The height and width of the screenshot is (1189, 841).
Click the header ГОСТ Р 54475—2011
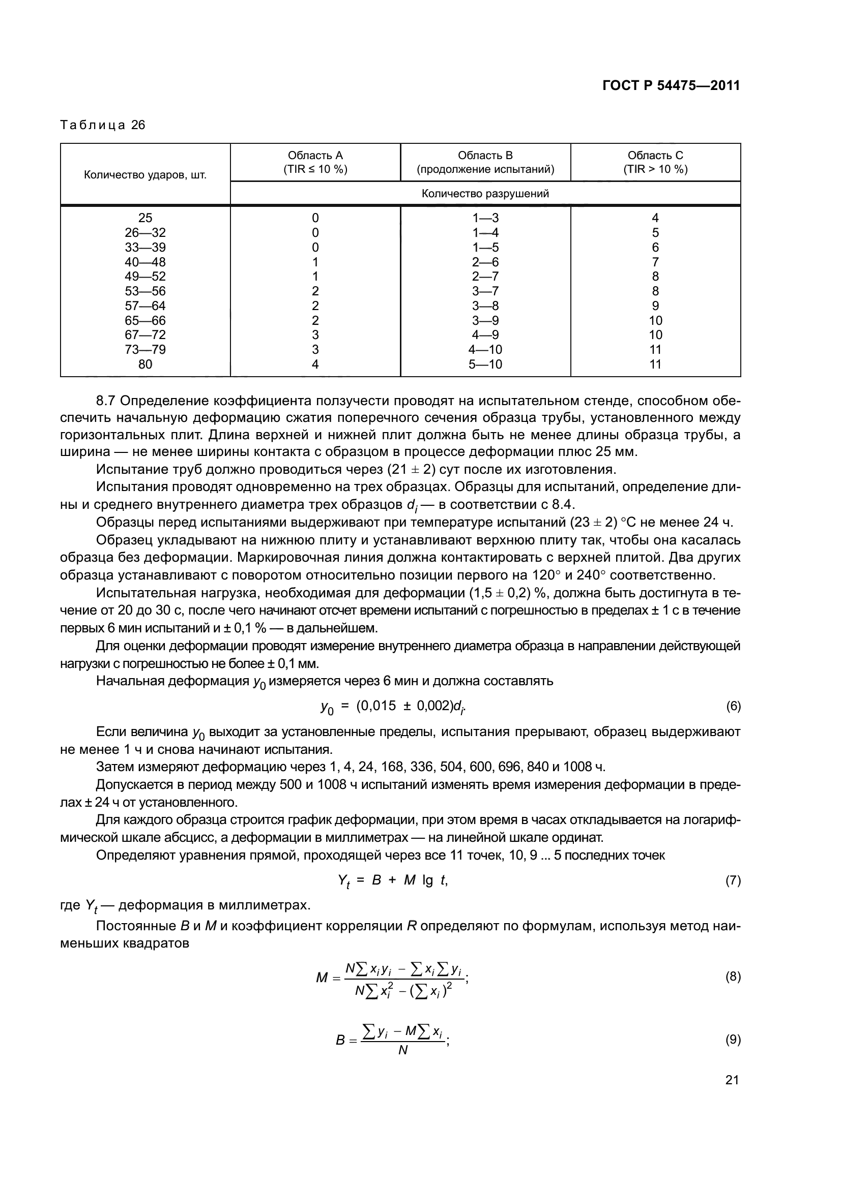[x=671, y=85]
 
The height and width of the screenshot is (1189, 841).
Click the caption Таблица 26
[x=103, y=125]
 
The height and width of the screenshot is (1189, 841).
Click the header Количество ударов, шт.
[x=145, y=175]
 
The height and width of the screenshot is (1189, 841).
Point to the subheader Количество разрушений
[x=485, y=194]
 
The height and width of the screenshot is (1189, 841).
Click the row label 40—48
[x=145, y=262]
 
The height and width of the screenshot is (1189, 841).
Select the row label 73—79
[x=145, y=350]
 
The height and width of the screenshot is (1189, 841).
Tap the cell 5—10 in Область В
[x=485, y=364]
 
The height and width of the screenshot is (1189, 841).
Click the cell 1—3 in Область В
[x=485, y=218]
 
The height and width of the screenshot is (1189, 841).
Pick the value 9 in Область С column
[x=655, y=306]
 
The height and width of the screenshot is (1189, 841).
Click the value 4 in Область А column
[x=315, y=364]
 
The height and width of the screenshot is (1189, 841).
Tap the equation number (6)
[x=733, y=706]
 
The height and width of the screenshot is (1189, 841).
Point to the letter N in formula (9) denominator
[x=402, y=1051]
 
